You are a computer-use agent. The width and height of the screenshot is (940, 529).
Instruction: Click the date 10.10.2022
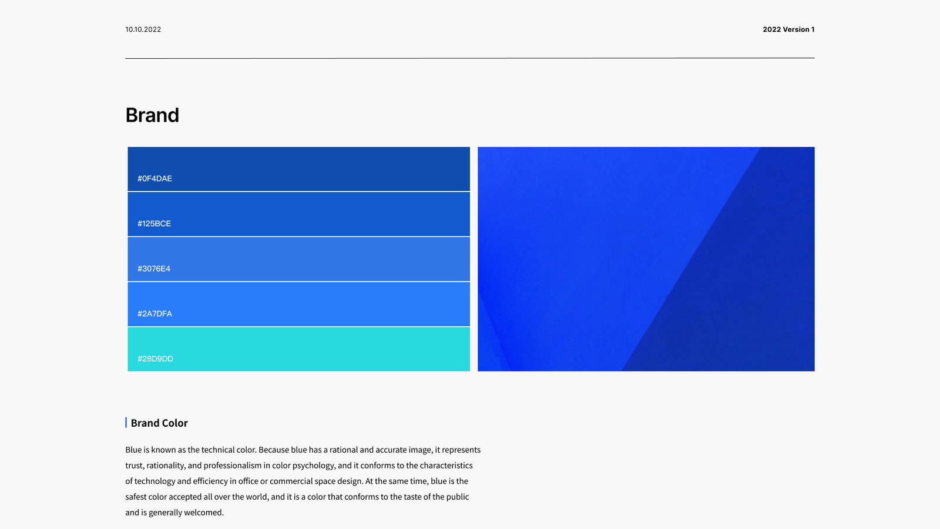143,29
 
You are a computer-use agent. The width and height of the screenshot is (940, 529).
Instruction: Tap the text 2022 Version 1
788,29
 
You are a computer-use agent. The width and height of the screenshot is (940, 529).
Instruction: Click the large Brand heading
152,115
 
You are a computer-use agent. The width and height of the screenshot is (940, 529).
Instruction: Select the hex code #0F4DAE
155,179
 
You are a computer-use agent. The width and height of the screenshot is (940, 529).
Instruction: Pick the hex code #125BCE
154,223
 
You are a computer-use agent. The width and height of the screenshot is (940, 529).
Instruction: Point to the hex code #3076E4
154,269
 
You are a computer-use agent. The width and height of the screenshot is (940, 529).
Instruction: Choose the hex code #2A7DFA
155,314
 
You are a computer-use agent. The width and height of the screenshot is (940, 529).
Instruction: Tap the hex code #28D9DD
155,359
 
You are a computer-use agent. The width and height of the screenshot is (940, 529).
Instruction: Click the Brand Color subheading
159,423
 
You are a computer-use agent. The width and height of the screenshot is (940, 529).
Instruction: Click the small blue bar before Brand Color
126,423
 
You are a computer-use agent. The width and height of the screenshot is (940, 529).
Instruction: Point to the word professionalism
233,466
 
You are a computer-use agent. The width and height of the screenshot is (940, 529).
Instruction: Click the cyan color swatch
299,349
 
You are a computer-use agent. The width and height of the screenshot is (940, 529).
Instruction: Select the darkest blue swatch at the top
299,169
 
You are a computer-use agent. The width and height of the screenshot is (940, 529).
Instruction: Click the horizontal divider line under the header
470,58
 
